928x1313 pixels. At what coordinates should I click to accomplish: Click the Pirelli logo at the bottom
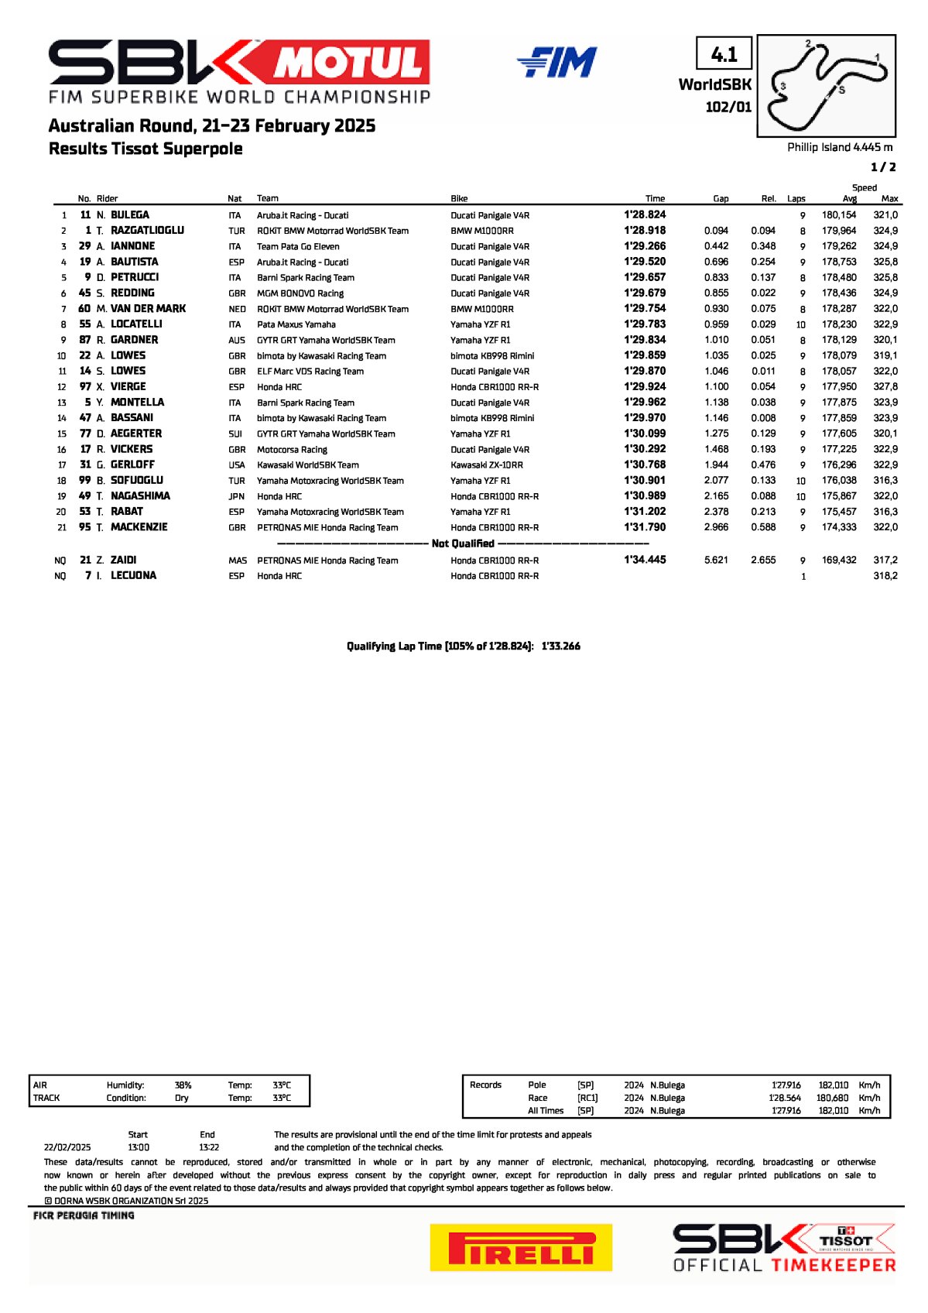pyautogui.click(x=521, y=1246)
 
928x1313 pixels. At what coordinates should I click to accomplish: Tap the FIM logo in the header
pyautogui.click(x=557, y=63)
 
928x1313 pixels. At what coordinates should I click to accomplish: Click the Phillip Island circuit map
pyautogui.click(x=826, y=86)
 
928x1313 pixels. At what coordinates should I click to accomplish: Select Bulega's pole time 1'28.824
pyautogui.click(x=645, y=215)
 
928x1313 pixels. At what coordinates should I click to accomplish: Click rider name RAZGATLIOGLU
pyautogui.click(x=147, y=231)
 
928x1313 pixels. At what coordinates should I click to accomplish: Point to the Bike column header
pyautogui.click(x=459, y=199)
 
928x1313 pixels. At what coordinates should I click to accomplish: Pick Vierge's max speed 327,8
pyautogui.click(x=885, y=387)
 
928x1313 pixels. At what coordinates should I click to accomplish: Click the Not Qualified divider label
pyautogui.click(x=463, y=543)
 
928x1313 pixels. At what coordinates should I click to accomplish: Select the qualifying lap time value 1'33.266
pyautogui.click(x=561, y=646)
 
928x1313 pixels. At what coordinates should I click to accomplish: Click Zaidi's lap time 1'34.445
pyautogui.click(x=645, y=560)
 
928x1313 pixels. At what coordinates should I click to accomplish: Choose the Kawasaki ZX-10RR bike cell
pyautogui.click(x=487, y=465)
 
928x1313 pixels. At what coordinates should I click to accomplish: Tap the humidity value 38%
pyautogui.click(x=183, y=1085)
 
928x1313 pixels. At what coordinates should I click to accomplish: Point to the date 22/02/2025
pyautogui.click(x=67, y=1147)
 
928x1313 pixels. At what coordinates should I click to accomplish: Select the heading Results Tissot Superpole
pyautogui.click(x=146, y=149)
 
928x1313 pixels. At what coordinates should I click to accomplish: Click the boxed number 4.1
pyautogui.click(x=724, y=54)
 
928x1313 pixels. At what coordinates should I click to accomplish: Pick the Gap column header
pyautogui.click(x=721, y=199)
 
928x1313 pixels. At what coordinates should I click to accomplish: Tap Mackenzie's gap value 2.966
pyautogui.click(x=716, y=527)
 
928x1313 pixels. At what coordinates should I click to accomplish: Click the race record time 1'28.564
pyautogui.click(x=786, y=1098)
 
